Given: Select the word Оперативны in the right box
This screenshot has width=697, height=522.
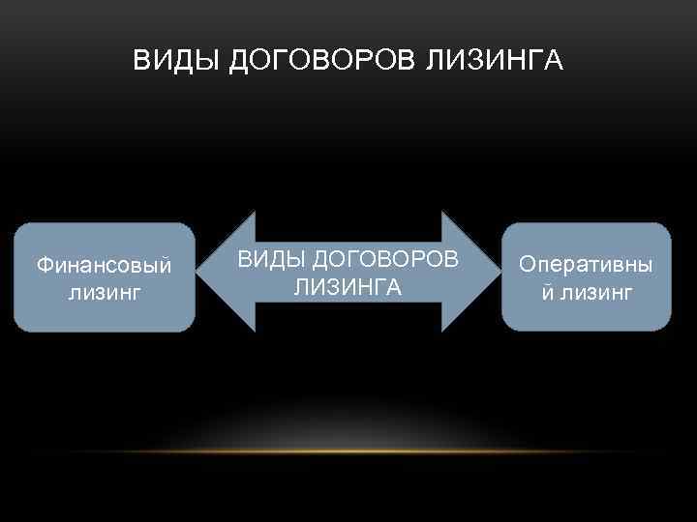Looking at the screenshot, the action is point(586,264).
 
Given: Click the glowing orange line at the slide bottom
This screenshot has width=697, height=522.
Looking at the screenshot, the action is point(348,452).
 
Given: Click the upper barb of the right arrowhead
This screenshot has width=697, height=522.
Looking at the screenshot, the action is point(443,216).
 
